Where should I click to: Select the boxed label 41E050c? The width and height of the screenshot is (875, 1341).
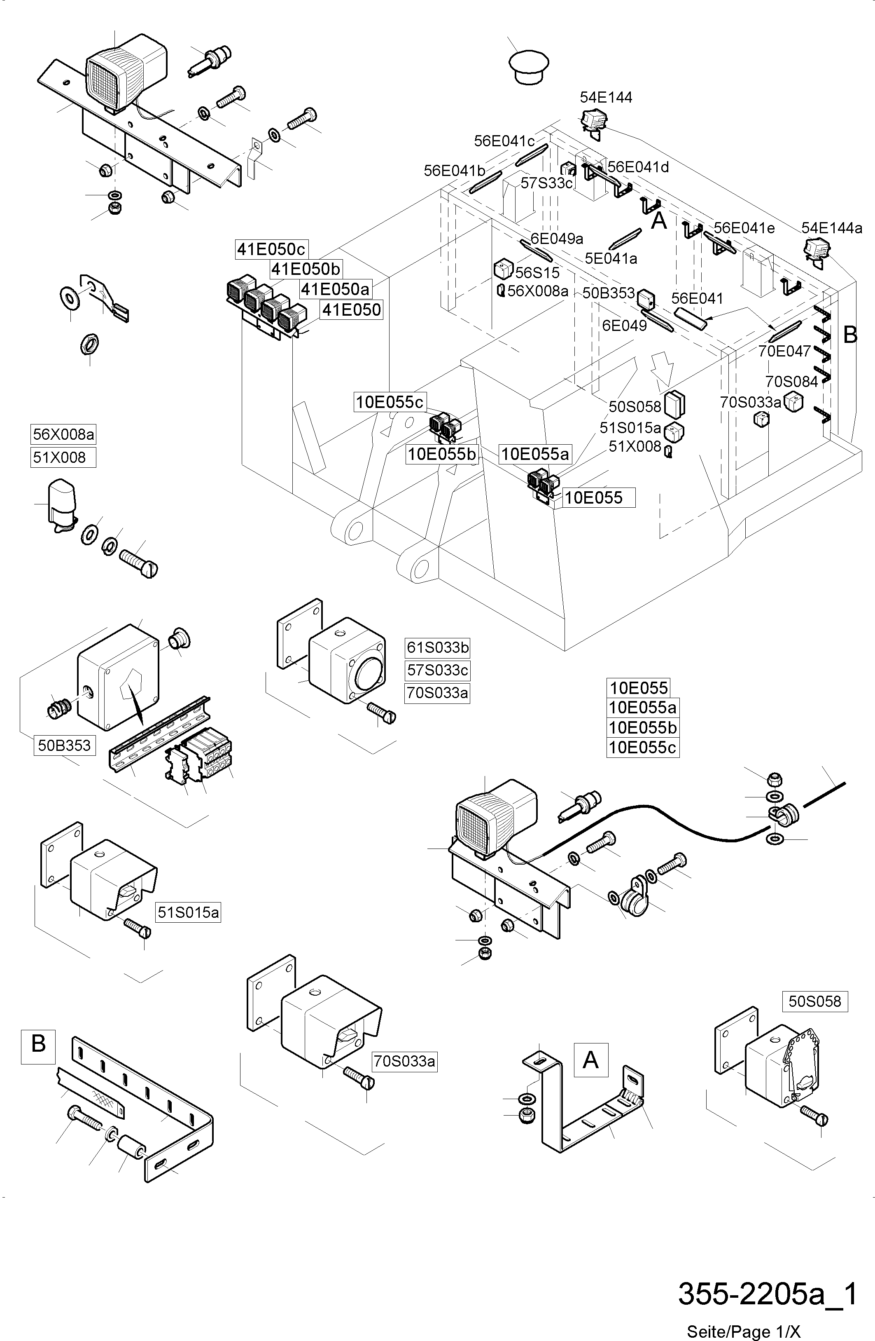pos(271,249)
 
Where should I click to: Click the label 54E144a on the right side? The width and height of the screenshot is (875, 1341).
pos(832,228)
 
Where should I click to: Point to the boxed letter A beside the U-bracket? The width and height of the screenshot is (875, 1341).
pos(590,1060)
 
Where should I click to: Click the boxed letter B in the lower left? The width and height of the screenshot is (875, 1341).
pos(38,1043)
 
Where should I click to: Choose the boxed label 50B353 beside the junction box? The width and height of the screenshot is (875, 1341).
pos(64,746)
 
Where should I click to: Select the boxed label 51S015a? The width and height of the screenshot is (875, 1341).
pos(188,912)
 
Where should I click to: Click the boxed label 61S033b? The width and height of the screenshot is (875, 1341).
pos(437,648)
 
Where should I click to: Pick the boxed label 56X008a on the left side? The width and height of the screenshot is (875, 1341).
pos(63,435)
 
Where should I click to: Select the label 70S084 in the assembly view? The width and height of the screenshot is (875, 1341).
pos(791,382)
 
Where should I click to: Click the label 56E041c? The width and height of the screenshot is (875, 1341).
pos(504,141)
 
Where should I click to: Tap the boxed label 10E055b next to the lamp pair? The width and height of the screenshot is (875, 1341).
pos(441,454)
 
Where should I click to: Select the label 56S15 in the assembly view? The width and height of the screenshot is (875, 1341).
pos(537,273)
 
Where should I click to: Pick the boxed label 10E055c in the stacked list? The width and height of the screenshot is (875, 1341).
pos(642,748)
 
